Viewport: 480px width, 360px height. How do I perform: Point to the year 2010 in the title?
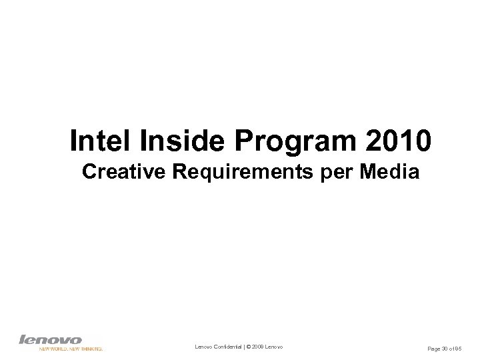coord(401,141)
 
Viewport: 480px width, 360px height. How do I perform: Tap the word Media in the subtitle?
coord(390,173)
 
